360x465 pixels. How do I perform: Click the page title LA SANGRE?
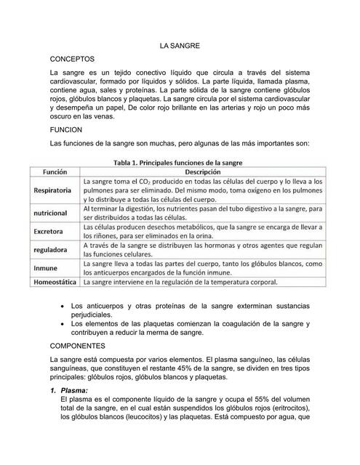click(x=180, y=46)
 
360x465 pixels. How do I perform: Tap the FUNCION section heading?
click(x=68, y=127)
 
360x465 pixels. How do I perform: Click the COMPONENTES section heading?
click(x=78, y=346)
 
